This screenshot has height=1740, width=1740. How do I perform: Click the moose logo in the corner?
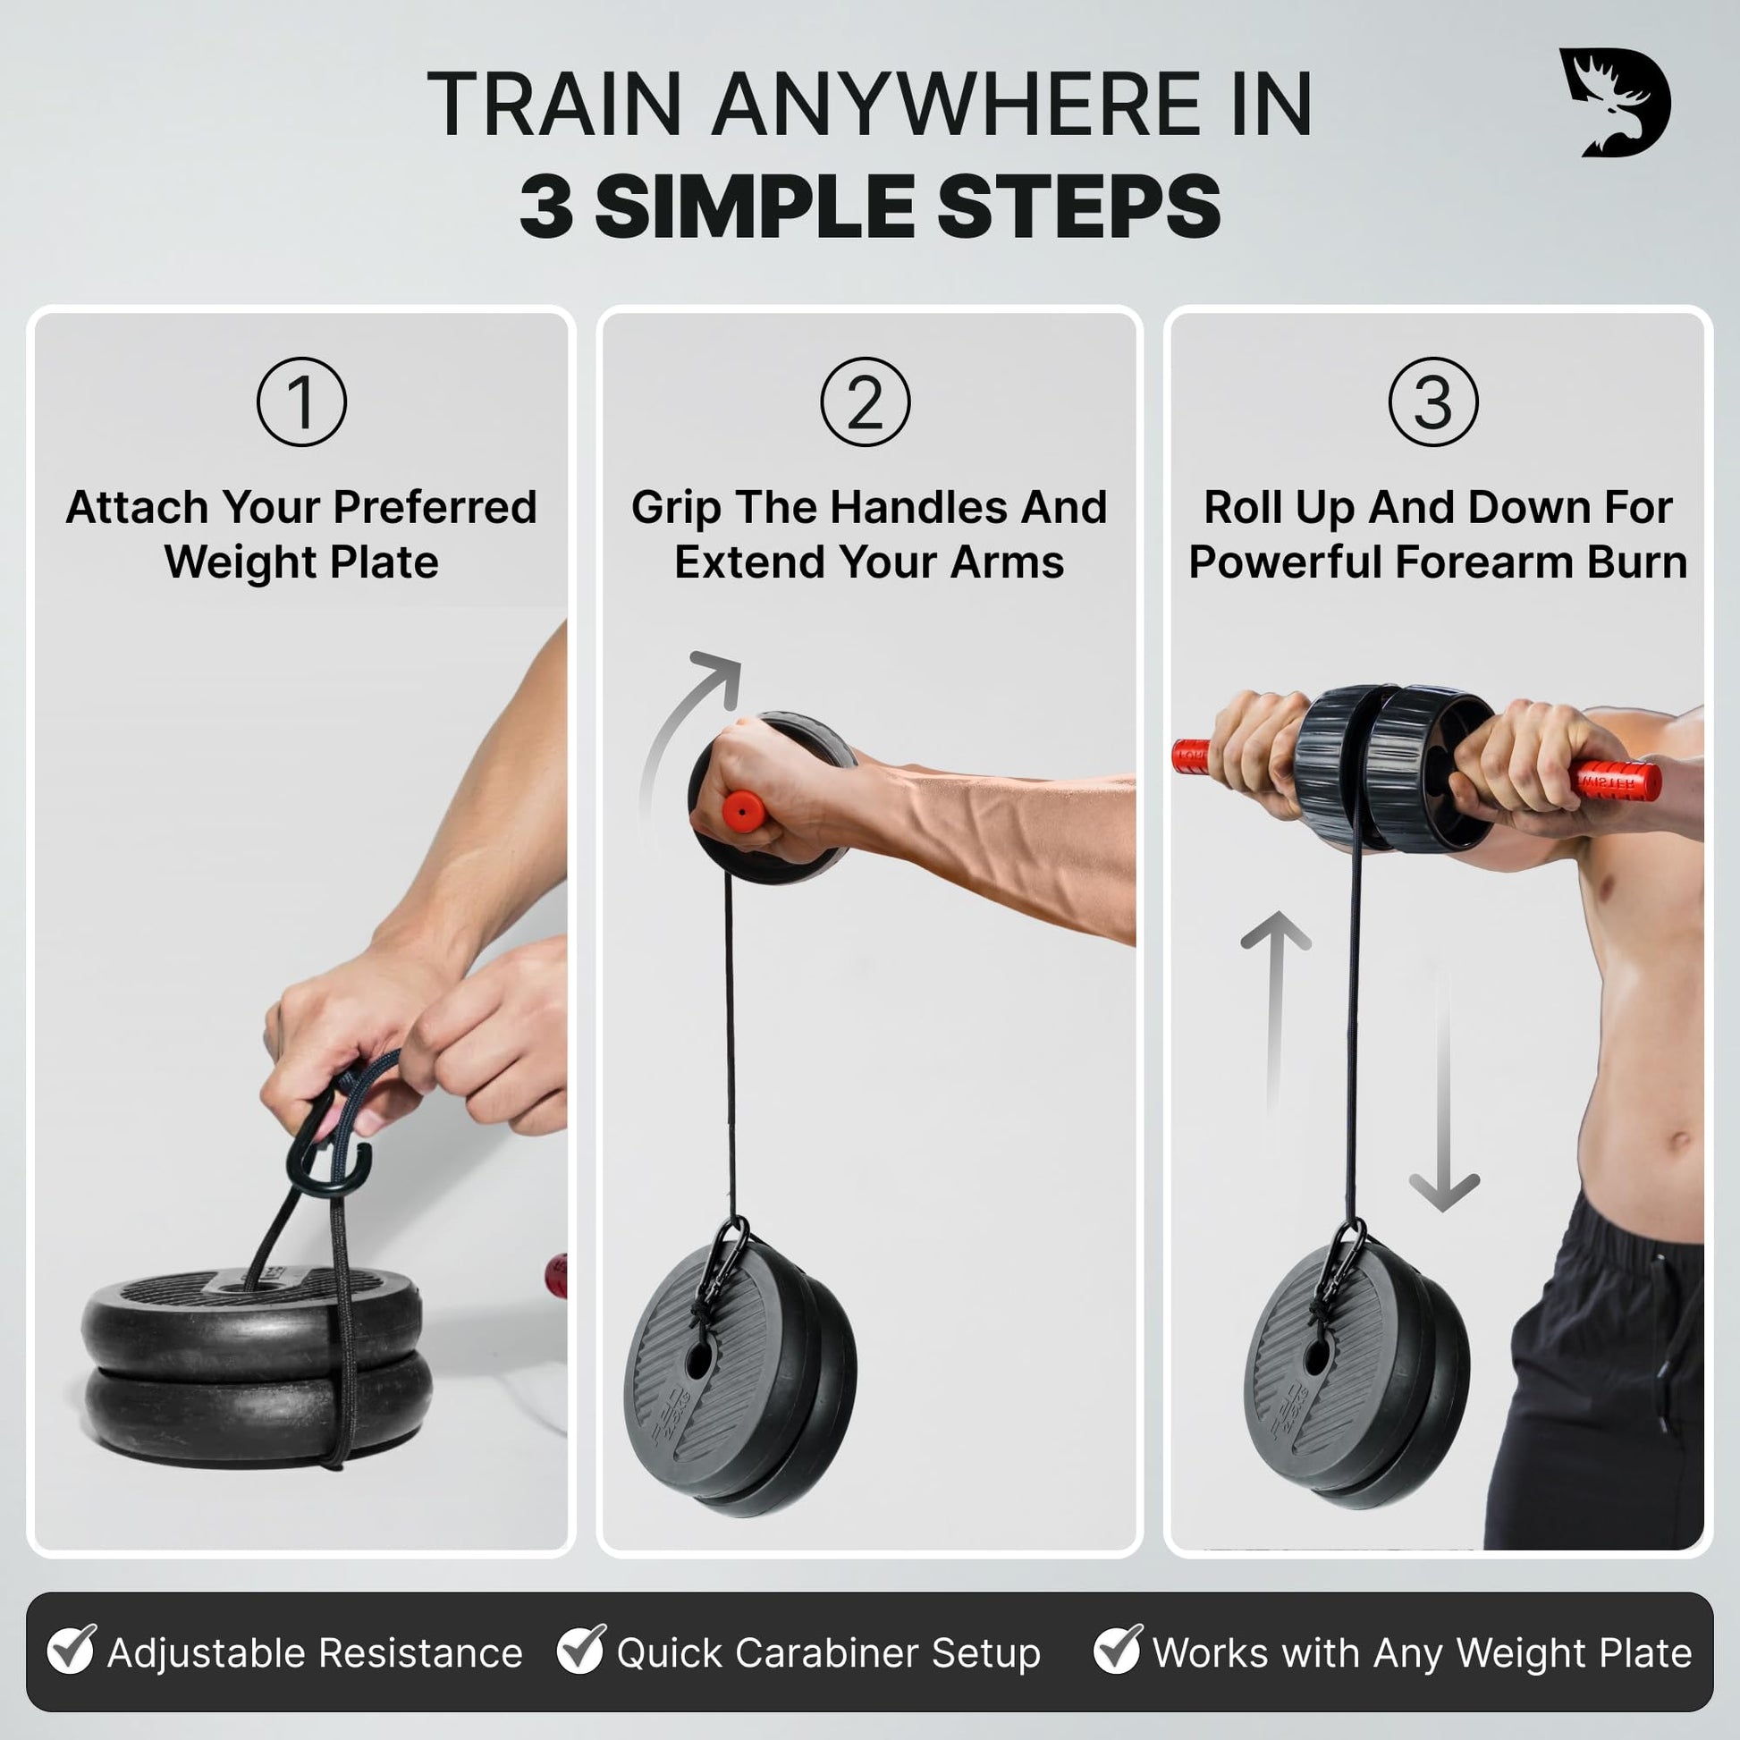(x=1615, y=102)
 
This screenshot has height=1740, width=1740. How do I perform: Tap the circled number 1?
(x=301, y=401)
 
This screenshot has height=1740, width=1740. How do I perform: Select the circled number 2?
(x=866, y=401)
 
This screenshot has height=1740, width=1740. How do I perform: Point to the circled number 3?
(x=1434, y=401)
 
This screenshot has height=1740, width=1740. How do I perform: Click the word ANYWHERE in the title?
(x=956, y=105)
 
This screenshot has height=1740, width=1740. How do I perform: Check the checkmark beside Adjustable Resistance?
(x=72, y=1647)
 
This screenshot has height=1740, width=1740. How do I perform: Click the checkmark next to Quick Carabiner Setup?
(x=581, y=1647)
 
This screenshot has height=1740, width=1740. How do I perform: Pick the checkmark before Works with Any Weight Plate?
(x=1118, y=1647)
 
